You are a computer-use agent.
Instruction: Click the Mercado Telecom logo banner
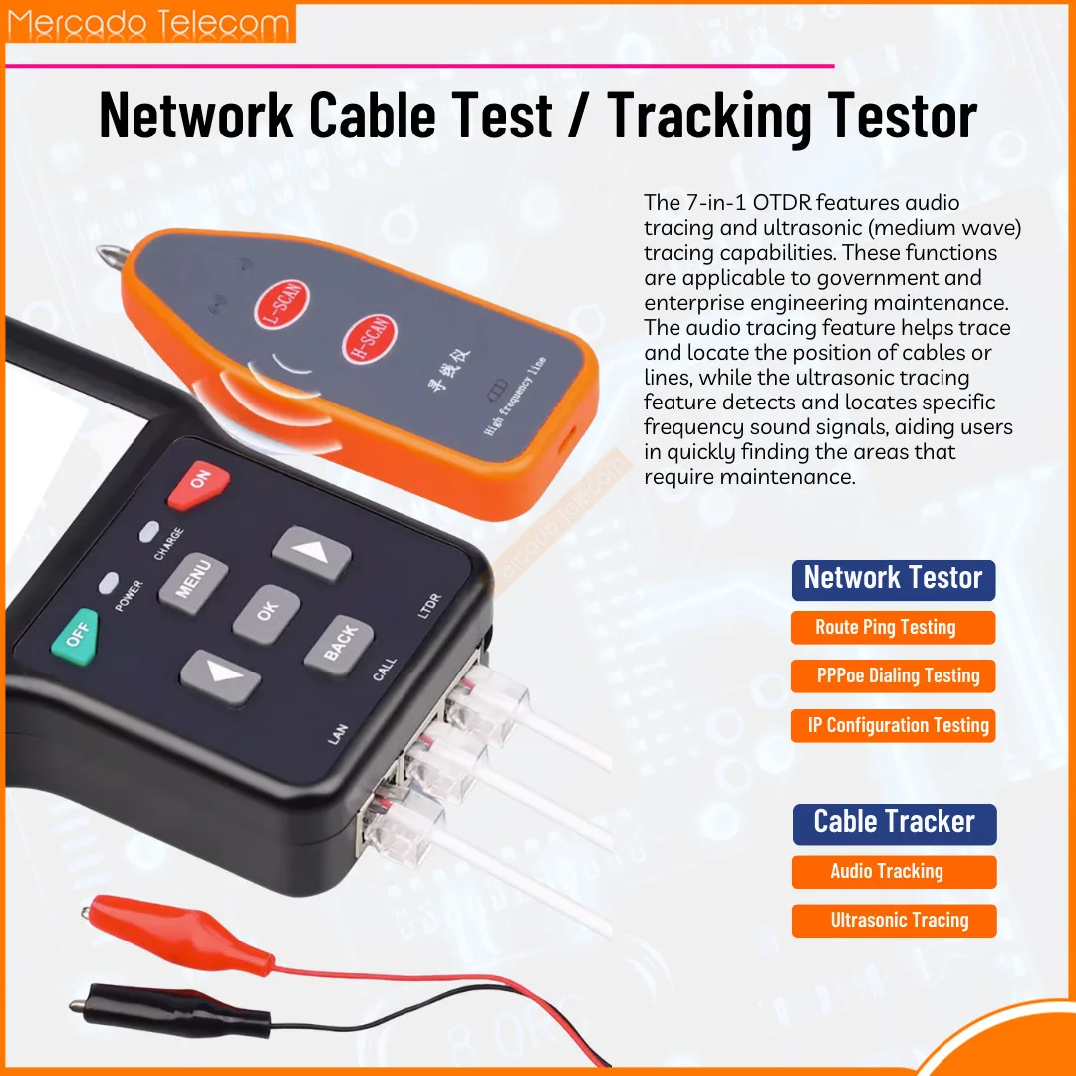click(150, 23)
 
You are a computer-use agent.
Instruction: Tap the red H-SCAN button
click(370, 339)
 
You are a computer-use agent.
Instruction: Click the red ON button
click(198, 484)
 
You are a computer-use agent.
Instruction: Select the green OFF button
click(76, 637)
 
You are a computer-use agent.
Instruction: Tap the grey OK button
click(266, 614)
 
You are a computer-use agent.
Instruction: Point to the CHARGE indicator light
click(148, 532)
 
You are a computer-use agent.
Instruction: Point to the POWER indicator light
click(109, 583)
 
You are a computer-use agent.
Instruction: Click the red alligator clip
click(177, 934)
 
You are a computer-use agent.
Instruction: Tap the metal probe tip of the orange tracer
click(110, 256)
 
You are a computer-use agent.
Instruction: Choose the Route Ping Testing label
click(893, 628)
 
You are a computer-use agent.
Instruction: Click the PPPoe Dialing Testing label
click(893, 675)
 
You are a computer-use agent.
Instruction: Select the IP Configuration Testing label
click(893, 725)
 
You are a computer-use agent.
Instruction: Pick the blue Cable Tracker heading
click(895, 824)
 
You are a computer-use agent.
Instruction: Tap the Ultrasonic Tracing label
click(894, 921)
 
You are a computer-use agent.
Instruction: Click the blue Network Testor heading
click(894, 580)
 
